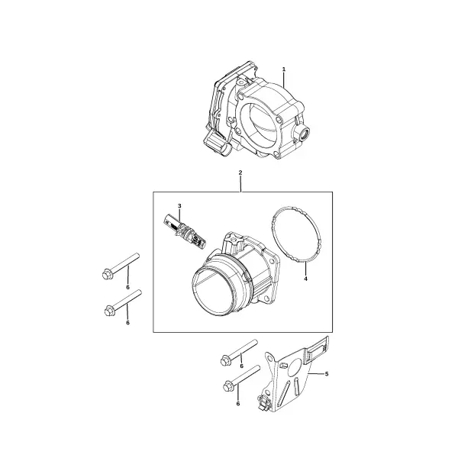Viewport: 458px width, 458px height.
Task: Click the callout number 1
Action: coord(284,69)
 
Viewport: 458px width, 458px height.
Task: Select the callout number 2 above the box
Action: coord(240,173)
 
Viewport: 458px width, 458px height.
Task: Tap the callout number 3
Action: coord(179,206)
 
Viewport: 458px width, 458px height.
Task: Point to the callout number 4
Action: coord(305,279)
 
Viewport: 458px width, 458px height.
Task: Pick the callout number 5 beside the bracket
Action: coord(327,374)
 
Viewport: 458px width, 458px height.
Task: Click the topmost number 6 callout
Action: coord(127,288)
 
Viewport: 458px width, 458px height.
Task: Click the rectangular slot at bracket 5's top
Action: coord(317,349)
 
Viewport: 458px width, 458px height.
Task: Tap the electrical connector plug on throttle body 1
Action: coord(217,144)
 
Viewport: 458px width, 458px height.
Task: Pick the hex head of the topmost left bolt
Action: coord(106,275)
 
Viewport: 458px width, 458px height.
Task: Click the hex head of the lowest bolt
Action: coord(227,387)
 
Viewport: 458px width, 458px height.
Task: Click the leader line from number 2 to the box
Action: coord(240,184)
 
